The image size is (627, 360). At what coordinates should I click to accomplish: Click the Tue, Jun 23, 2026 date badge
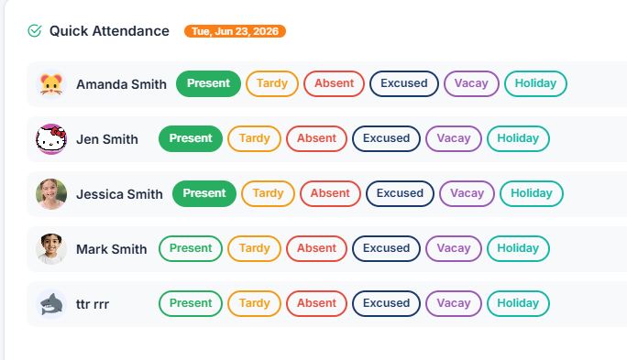pos(235,31)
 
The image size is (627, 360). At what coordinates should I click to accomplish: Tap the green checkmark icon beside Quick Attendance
pos(35,31)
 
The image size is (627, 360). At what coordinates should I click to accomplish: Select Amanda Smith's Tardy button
pos(272,83)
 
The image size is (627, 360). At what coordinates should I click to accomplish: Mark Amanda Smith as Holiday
pos(535,83)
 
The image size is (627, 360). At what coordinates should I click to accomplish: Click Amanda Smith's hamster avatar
pos(51,84)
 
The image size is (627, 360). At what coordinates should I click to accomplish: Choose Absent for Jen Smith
pos(316,138)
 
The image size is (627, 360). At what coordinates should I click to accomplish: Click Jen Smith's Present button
pos(191,138)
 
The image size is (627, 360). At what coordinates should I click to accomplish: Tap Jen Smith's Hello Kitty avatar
pos(51,139)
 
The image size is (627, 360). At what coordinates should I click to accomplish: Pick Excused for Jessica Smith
pos(400,193)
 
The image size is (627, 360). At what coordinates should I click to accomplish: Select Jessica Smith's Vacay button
pos(467,193)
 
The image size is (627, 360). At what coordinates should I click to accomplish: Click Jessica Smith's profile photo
pos(51,194)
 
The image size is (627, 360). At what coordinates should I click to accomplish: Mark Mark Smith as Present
pos(191,248)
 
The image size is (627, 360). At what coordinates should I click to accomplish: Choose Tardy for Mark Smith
pos(254,248)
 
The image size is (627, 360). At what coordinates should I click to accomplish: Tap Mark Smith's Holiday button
pos(518,248)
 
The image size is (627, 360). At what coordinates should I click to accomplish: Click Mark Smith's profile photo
pos(51,249)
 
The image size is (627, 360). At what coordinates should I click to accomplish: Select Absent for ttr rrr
pos(316,303)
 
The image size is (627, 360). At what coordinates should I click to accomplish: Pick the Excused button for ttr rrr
pos(386,303)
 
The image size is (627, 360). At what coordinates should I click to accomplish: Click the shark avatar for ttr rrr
pos(51,304)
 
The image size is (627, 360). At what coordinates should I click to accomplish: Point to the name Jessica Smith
pos(119,194)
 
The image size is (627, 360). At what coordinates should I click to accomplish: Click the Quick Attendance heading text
pos(109,31)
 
